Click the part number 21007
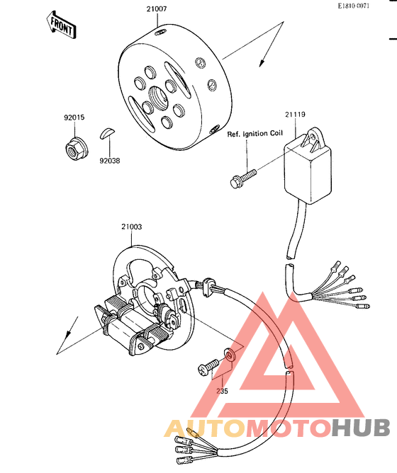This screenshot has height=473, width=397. point(157,8)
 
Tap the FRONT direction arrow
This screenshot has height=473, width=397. point(61,25)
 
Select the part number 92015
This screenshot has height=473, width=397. point(74,118)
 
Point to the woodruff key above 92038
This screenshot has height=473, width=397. point(107,133)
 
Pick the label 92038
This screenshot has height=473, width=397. point(110,161)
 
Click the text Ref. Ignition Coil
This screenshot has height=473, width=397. point(255,134)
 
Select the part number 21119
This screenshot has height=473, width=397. point(295,114)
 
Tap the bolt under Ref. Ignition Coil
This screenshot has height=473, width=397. point(242,178)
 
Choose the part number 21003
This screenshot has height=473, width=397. point(131,227)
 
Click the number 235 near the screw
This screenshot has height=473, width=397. point(222,391)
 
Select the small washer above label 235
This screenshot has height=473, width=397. point(229,355)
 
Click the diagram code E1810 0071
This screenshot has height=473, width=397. point(354,6)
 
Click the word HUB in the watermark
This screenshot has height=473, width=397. point(361,428)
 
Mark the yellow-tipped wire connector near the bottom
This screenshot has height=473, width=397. point(193,433)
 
